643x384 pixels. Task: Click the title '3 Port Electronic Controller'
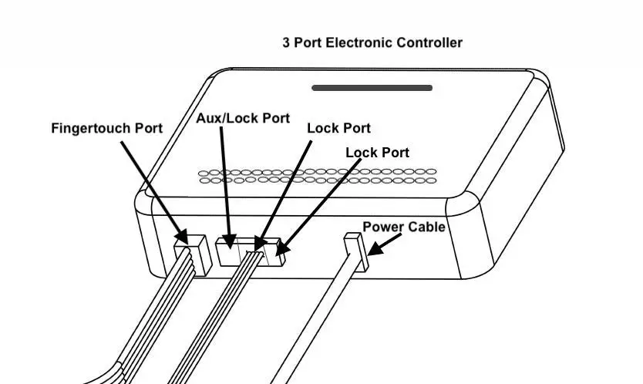(372, 42)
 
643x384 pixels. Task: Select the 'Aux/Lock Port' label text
(243, 118)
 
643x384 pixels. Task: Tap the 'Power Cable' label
(404, 227)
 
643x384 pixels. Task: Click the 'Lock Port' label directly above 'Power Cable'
(377, 153)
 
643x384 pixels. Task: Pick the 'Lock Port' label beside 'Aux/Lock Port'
(338, 128)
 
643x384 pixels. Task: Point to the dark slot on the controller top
(372, 88)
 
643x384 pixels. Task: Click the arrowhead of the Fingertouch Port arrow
(182, 234)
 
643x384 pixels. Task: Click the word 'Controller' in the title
(429, 42)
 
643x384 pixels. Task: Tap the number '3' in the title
(287, 42)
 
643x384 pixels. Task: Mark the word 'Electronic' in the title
(360, 42)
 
